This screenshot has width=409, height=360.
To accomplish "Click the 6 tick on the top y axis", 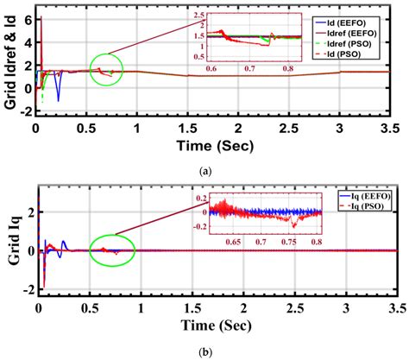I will (x=28, y=16).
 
